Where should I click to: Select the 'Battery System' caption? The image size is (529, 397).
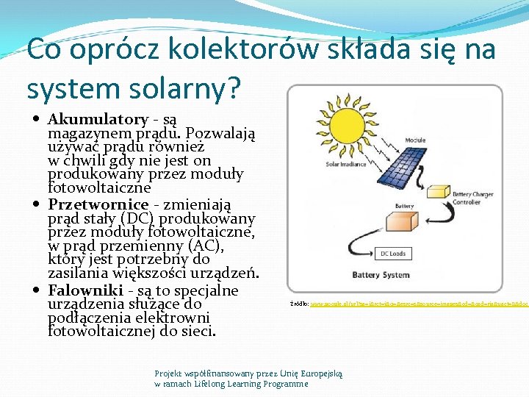[x=381, y=275]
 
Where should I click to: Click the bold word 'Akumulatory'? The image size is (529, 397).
[x=98, y=119]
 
